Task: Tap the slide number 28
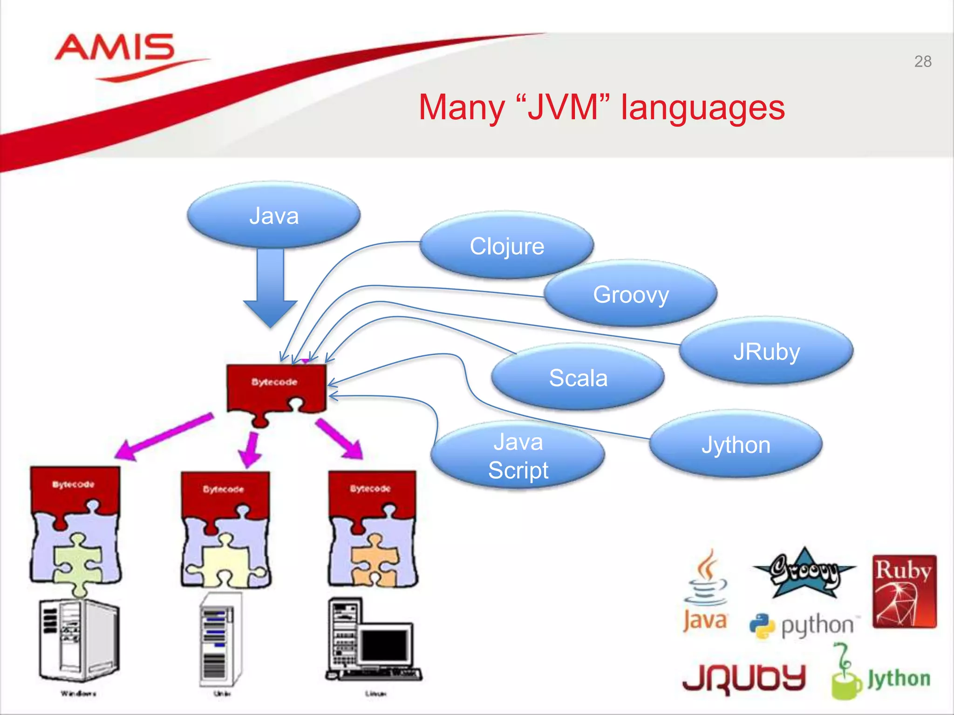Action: [x=922, y=61]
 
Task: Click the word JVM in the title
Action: [x=563, y=108]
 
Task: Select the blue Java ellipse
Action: [x=274, y=216]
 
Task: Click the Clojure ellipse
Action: [x=507, y=246]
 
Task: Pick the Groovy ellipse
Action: [x=631, y=294]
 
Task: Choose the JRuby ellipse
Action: [x=766, y=351]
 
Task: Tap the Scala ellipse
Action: [x=578, y=378]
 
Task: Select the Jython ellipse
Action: [x=736, y=445]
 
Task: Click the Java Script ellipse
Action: [x=518, y=456]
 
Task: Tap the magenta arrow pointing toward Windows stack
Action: [x=163, y=436]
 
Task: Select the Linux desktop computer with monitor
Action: [x=373, y=640]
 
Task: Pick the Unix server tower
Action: [x=220, y=640]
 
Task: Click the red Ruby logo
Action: [x=904, y=591]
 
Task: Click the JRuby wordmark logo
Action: [x=744, y=678]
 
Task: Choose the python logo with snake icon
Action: [x=804, y=625]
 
